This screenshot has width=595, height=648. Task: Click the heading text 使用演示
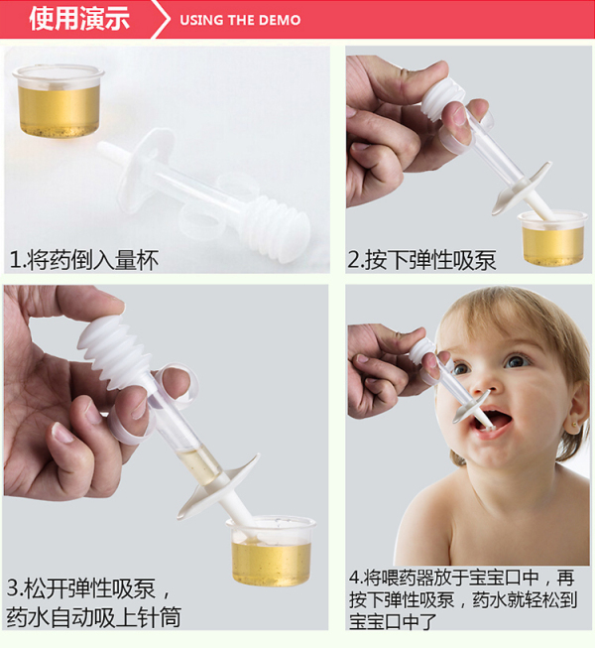click(79, 19)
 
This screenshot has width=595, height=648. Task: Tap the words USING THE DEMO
click(240, 20)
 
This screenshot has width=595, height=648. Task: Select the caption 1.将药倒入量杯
click(84, 260)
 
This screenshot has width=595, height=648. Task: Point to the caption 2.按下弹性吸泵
click(421, 260)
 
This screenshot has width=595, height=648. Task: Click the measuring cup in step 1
click(59, 100)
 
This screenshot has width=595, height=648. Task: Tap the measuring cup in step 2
click(552, 237)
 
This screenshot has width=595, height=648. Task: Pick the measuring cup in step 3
click(271, 551)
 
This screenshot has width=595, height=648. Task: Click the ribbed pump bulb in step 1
click(276, 227)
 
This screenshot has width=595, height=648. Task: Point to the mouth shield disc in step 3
click(219, 486)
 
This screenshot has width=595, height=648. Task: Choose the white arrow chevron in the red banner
click(161, 19)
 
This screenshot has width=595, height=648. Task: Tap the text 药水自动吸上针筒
click(94, 617)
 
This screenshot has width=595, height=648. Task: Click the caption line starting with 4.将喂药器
click(462, 578)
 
